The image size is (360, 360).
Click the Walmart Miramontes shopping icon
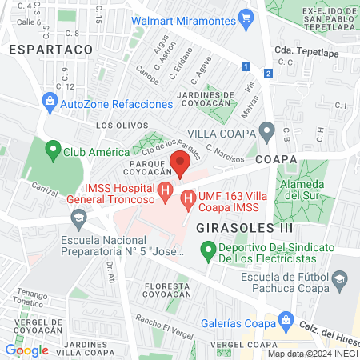coord(246,16)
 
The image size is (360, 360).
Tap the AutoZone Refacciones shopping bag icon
coord(50,102)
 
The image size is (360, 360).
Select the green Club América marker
coord(53,150)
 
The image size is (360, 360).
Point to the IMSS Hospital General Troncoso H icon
coord(164,192)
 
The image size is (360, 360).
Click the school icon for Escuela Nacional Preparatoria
coord(78,218)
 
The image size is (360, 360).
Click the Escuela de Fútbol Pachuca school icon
coord(340,278)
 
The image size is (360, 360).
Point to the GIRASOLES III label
coord(234,228)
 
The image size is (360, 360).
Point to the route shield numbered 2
coord(269,74)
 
